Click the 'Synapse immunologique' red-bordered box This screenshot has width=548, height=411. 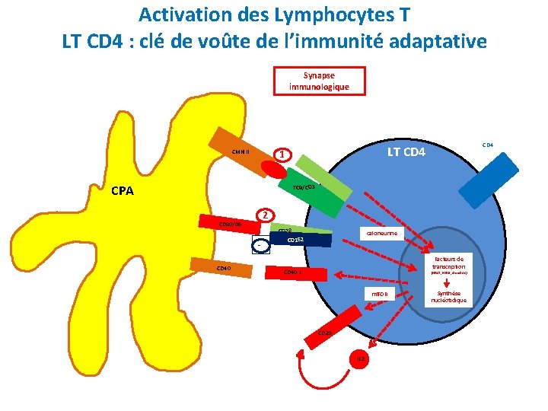click(319, 81)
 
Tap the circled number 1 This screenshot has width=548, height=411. click(282, 155)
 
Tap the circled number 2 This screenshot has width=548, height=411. click(264, 215)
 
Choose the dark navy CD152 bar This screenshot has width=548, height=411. click(301, 240)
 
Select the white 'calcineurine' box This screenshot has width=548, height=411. click(381, 234)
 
